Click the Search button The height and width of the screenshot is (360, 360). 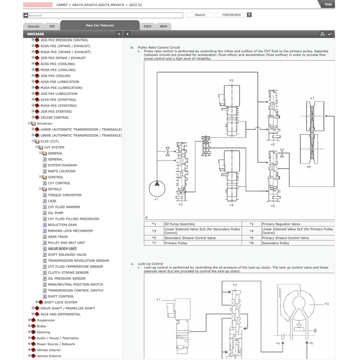(x=200, y=15)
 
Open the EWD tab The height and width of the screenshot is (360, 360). (x=148, y=26)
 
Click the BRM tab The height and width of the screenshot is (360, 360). (x=163, y=26)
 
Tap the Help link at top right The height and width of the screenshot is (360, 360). (x=328, y=4)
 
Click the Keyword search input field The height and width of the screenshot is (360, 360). (x=103, y=15)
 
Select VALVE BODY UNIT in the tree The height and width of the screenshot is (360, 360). (x=62, y=249)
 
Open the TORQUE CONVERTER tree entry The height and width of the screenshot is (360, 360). (x=65, y=195)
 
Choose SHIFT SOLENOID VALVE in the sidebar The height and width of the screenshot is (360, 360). (x=67, y=255)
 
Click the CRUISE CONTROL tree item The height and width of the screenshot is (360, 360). (x=55, y=117)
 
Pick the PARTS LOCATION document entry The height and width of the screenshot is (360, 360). (x=62, y=171)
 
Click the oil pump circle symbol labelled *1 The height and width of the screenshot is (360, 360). (x=157, y=188)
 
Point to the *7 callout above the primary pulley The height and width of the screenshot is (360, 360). (x=312, y=98)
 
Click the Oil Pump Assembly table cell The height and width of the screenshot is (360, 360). (x=180, y=224)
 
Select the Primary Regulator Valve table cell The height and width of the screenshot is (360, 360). (x=281, y=224)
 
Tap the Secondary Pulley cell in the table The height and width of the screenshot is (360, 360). (x=275, y=243)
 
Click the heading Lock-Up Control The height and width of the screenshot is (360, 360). (x=150, y=264)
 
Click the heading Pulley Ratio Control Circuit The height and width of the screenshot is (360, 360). (x=159, y=47)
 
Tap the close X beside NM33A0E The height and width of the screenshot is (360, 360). (x=119, y=34)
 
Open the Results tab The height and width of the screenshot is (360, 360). (x=34, y=26)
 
